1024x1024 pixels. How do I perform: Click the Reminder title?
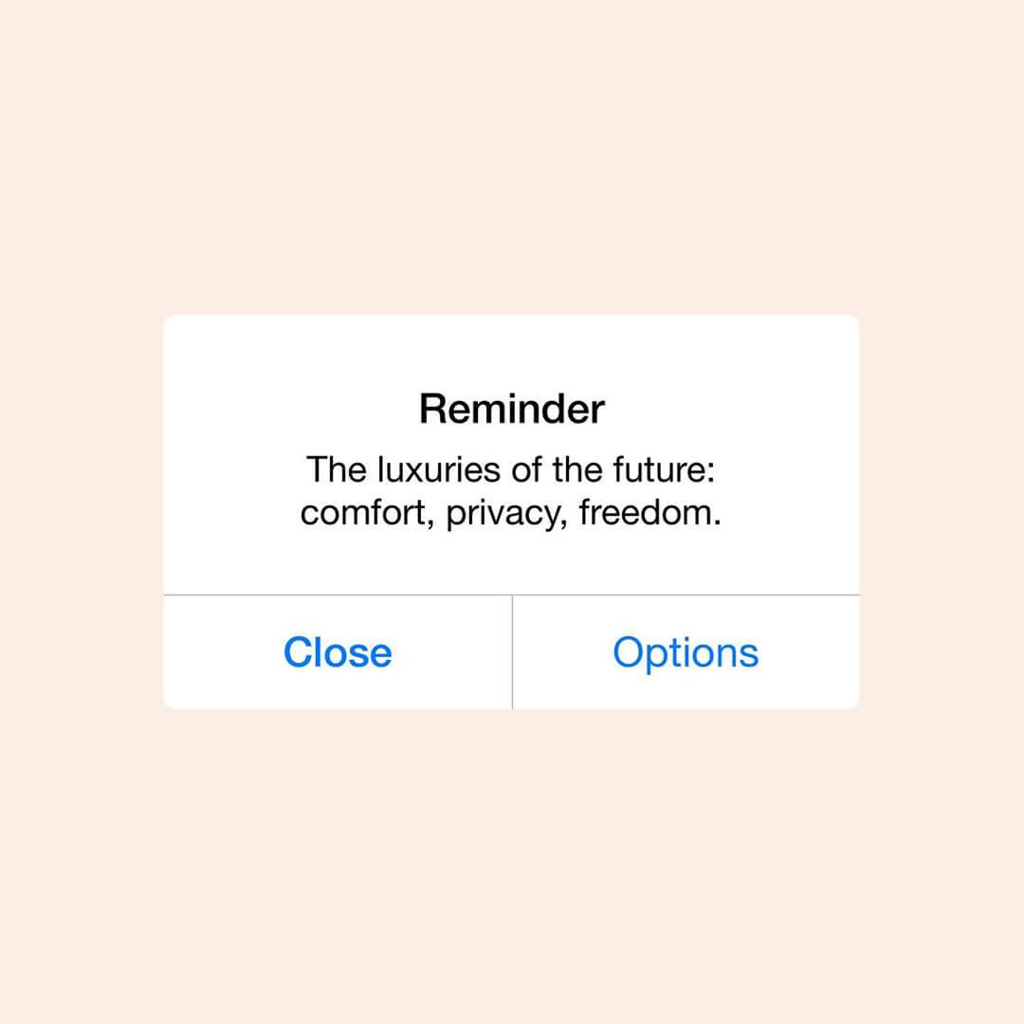pos(512,410)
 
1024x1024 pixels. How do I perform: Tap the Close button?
pos(338,651)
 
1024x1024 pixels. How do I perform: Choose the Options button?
pos(686,651)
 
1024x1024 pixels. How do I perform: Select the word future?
pos(659,469)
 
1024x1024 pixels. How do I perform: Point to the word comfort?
pos(362,513)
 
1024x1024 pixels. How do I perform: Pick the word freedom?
pos(645,512)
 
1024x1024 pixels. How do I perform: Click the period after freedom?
pos(717,523)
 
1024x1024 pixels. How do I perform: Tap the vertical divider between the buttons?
pos(513,651)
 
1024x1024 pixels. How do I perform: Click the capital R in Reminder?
pos(433,410)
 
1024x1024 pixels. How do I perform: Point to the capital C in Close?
pos(298,652)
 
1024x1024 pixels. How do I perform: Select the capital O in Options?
pos(629,652)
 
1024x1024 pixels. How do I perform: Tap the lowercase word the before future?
pos(577,469)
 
